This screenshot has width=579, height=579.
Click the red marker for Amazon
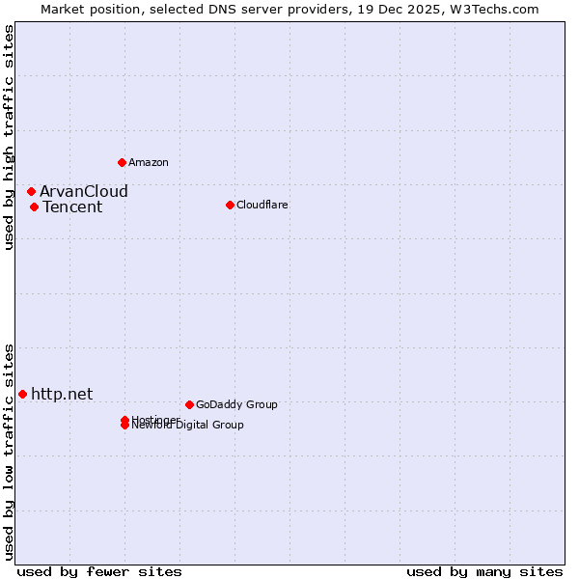tap(122, 162)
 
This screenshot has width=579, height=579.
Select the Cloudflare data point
tap(230, 205)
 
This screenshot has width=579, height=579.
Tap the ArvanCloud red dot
tap(31, 191)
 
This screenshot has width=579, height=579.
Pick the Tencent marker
tap(34, 207)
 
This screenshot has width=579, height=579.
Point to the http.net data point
tap(22, 394)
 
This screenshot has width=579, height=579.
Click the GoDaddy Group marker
tap(189, 404)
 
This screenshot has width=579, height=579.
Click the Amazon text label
tap(148, 162)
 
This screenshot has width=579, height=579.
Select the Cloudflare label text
tap(262, 205)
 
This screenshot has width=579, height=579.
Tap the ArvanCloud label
tap(83, 191)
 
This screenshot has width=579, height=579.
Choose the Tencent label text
tap(72, 207)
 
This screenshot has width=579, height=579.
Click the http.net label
tap(62, 394)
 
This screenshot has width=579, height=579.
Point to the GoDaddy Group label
tap(236, 404)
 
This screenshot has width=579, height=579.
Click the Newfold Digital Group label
tap(188, 426)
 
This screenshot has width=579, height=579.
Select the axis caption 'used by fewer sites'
tap(99, 571)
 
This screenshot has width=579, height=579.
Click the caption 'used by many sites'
tap(484, 571)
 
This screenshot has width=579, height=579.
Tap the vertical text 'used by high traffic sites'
tap(9, 137)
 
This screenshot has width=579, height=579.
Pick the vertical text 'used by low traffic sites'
tap(9, 452)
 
